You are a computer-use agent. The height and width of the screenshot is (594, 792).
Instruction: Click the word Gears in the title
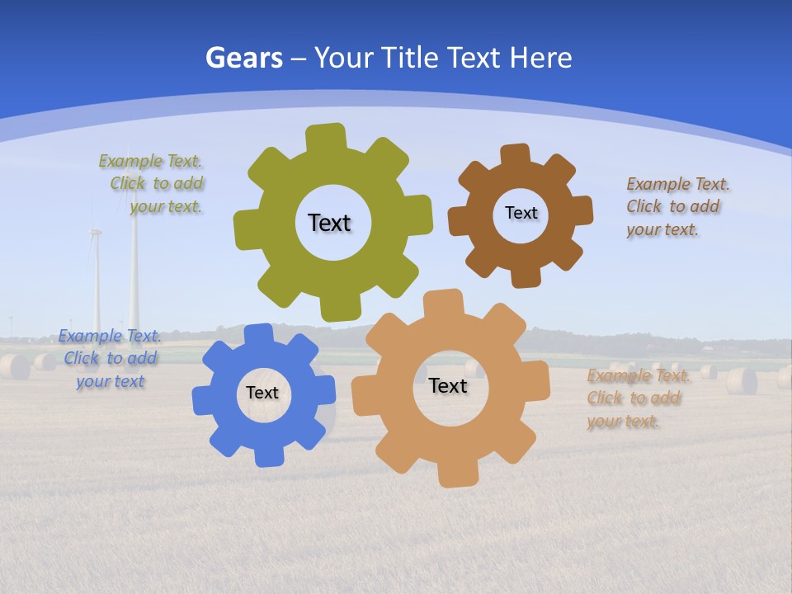pyautogui.click(x=243, y=58)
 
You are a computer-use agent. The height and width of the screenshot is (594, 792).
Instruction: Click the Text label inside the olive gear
pyautogui.click(x=329, y=223)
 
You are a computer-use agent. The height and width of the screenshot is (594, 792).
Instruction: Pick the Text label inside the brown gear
pyautogui.click(x=521, y=213)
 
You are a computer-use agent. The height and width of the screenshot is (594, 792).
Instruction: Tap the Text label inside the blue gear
pyautogui.click(x=262, y=394)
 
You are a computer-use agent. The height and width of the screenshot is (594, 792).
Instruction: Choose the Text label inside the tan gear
pyautogui.click(x=448, y=386)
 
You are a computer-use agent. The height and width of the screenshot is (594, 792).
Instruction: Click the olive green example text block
pyautogui.click(x=153, y=184)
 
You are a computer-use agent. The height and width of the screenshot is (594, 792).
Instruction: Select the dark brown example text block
pyautogui.click(x=674, y=207)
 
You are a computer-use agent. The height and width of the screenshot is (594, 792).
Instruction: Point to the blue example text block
pyautogui.click(x=110, y=359)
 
